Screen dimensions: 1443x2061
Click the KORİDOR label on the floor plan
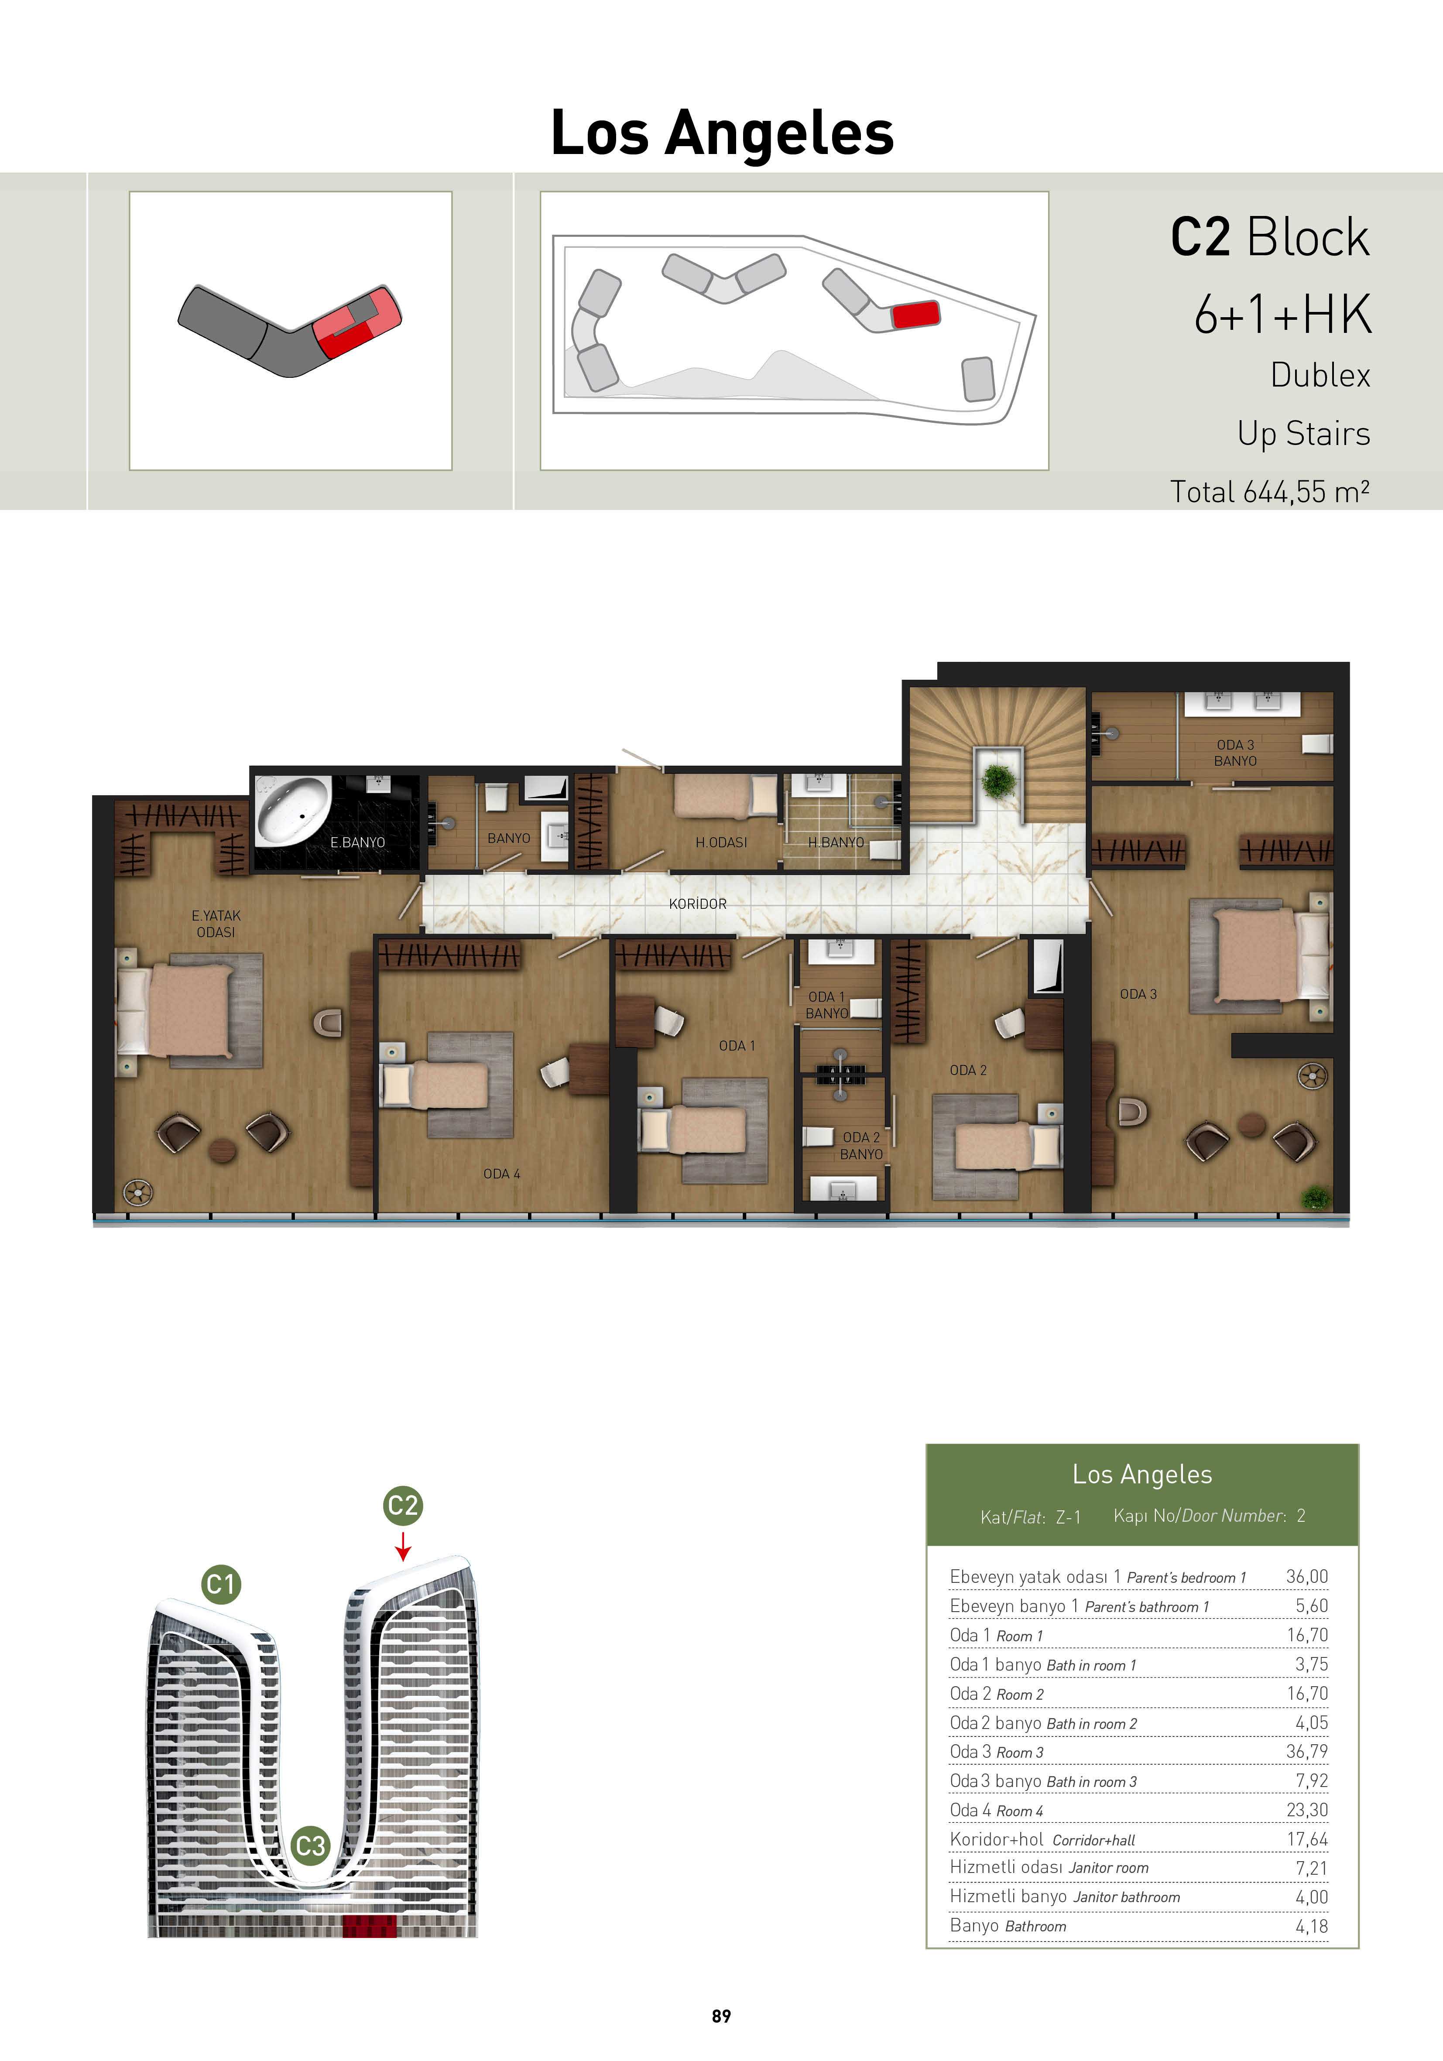(698, 904)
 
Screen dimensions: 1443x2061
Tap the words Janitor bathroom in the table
(1127, 1898)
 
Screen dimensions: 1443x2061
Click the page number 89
(721, 2016)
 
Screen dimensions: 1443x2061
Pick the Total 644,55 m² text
(1270, 491)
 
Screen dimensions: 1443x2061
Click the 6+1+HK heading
(1282, 315)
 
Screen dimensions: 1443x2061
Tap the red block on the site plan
(916, 314)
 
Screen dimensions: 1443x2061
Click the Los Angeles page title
(722, 133)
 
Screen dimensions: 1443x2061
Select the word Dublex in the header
(1320, 375)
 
